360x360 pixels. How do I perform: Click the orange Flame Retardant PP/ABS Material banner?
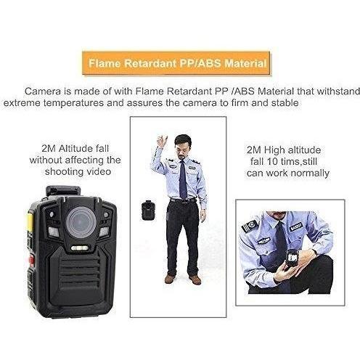click(176, 63)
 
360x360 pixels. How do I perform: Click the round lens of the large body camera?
click(81, 222)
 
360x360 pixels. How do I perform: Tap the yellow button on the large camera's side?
click(30, 221)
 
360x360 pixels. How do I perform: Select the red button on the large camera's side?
click(32, 261)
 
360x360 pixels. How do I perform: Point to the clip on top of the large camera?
click(63, 190)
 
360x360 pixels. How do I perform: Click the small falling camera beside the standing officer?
click(147, 210)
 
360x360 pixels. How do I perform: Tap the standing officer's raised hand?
click(162, 142)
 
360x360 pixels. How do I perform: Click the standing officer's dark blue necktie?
click(183, 179)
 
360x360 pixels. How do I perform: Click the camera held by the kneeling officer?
click(292, 259)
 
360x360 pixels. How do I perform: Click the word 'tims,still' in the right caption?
click(298, 161)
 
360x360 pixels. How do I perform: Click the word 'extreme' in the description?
click(22, 103)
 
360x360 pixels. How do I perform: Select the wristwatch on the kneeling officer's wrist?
click(314, 252)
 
